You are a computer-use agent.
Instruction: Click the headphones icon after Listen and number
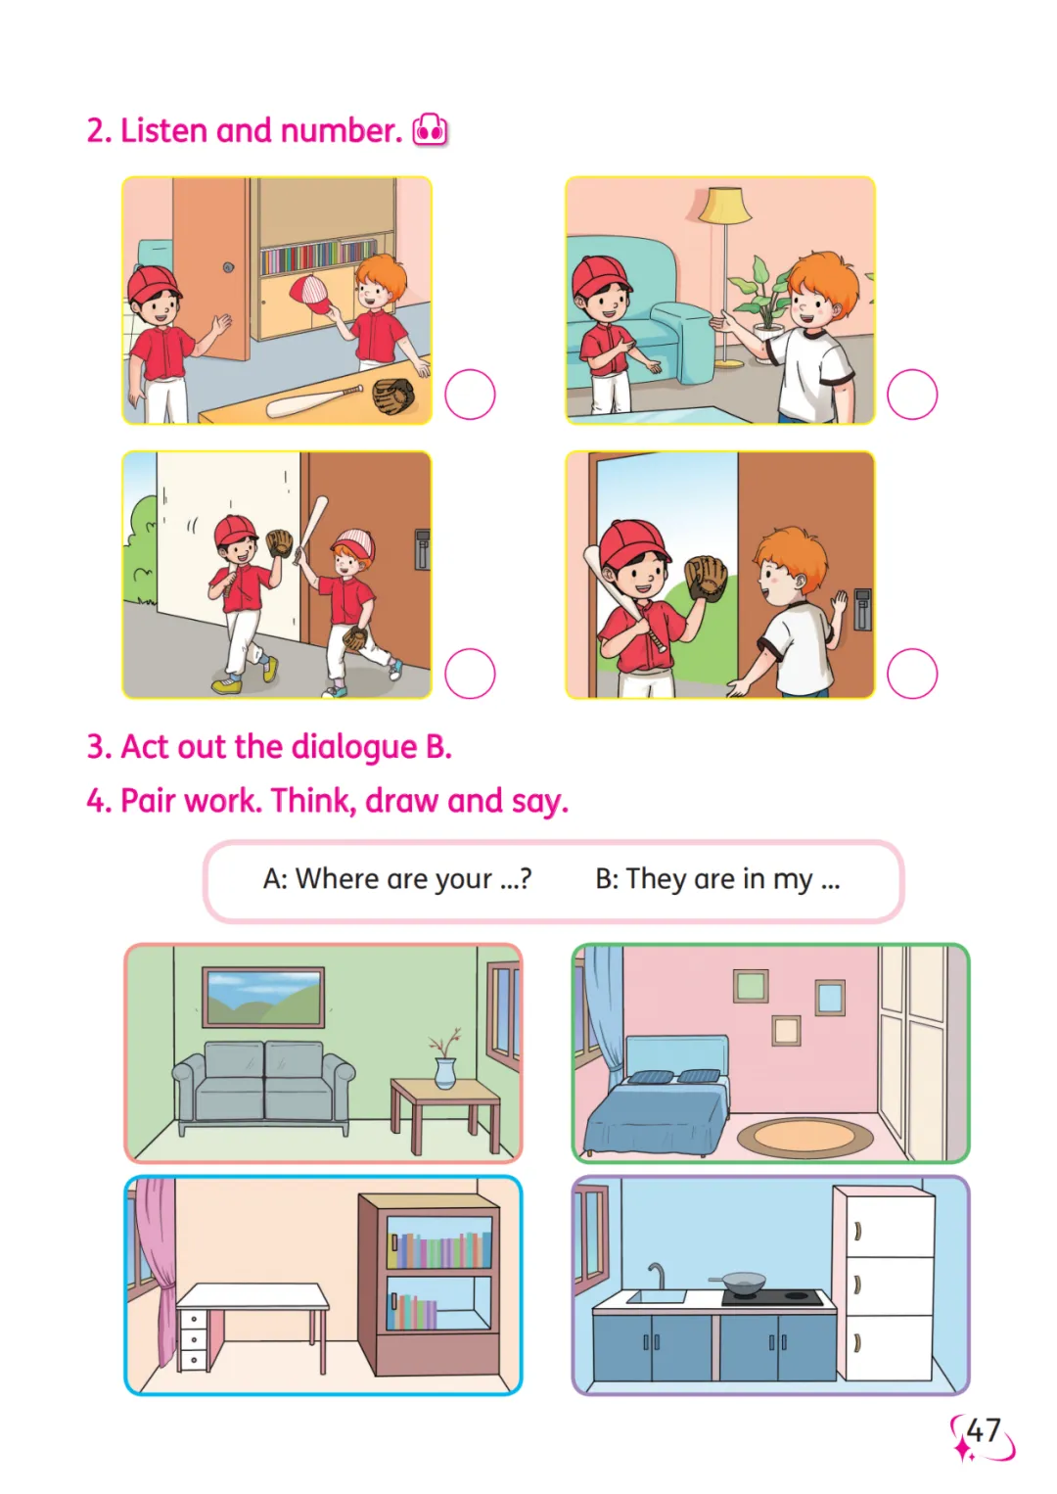pos(430,129)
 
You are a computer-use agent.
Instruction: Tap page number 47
pos(983,1430)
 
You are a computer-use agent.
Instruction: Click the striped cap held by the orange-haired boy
pos(310,294)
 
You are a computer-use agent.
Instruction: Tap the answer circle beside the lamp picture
pos(911,395)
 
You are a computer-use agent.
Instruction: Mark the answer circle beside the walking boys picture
pos(470,673)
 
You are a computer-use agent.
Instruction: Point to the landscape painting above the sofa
pos(263,997)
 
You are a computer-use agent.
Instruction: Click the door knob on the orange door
pos(228,267)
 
